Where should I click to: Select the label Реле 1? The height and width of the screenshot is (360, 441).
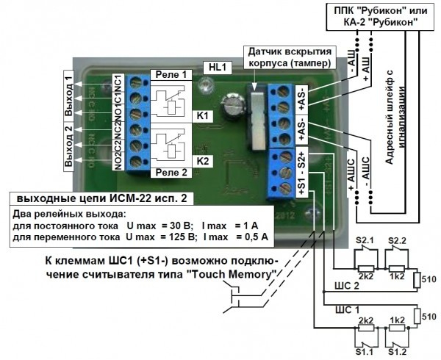coord(171,74)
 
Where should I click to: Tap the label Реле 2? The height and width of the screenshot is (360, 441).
coord(171,173)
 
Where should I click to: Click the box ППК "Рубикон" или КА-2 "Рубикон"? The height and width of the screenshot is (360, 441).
coord(376,15)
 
